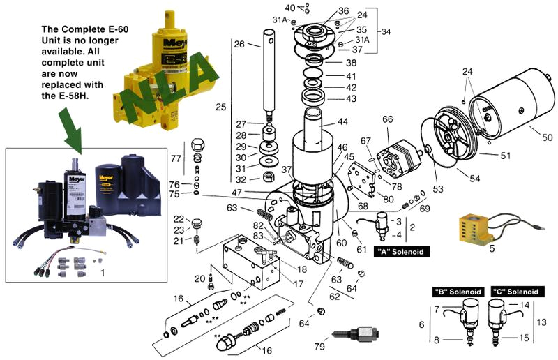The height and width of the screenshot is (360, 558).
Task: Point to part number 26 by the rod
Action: pos(239,45)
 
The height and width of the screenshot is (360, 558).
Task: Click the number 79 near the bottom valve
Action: pos(320,347)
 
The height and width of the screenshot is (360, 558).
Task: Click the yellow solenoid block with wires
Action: pos(477,230)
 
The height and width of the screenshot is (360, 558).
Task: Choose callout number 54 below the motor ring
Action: pos(474,179)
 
